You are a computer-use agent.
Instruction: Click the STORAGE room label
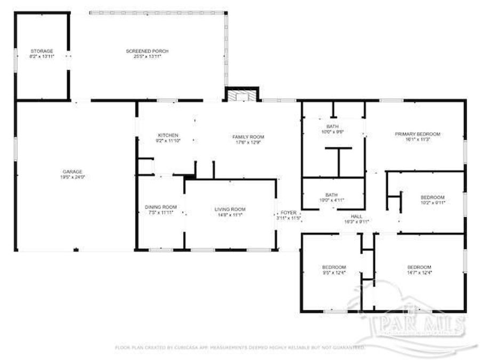click(41, 51)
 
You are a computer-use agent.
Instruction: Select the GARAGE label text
click(72, 171)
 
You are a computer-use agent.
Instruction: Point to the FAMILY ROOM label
click(248, 137)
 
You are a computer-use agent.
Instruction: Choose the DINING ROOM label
click(161, 207)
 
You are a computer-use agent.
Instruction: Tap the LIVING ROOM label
click(230, 209)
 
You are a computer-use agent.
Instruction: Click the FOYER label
click(289, 213)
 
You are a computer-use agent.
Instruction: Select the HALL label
click(357, 216)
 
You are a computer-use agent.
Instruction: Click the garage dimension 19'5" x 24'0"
click(72, 177)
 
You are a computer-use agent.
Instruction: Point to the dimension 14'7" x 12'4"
click(419, 273)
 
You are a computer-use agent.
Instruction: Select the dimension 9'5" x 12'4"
click(334, 273)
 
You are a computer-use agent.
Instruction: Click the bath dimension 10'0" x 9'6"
click(332, 131)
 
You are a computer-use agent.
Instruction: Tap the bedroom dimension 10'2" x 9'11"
click(433, 203)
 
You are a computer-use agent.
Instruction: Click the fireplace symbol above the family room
click(242, 95)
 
